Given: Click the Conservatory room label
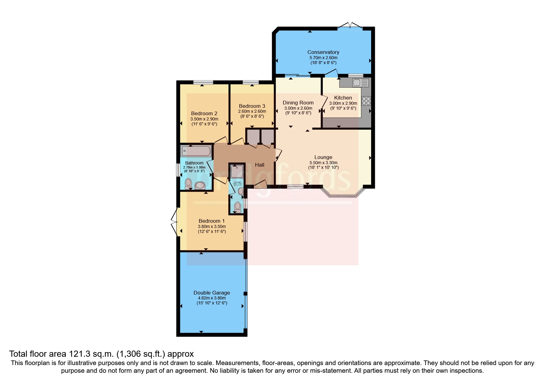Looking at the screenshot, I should pyautogui.click(x=323, y=52).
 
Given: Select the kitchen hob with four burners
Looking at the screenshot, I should pyautogui.click(x=366, y=101).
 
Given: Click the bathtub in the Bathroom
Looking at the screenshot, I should pyautogui.click(x=196, y=151).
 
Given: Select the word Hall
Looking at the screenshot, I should pyautogui.click(x=259, y=165).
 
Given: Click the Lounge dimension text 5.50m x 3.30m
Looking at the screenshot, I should pyautogui.click(x=323, y=163).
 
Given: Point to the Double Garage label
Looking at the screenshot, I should pyautogui.click(x=211, y=293).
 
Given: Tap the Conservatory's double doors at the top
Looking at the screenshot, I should pyautogui.click(x=350, y=26).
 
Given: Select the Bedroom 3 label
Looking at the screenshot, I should pyautogui.click(x=252, y=106).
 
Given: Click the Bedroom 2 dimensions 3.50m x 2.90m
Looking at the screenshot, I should pyautogui.click(x=204, y=119).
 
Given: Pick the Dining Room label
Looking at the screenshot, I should pyautogui.click(x=298, y=103).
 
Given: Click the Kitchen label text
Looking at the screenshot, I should pyautogui.click(x=343, y=98).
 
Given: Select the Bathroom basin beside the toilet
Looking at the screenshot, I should pyautogui.click(x=200, y=185).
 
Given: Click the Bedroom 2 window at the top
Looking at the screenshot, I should pyautogui.click(x=203, y=82).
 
